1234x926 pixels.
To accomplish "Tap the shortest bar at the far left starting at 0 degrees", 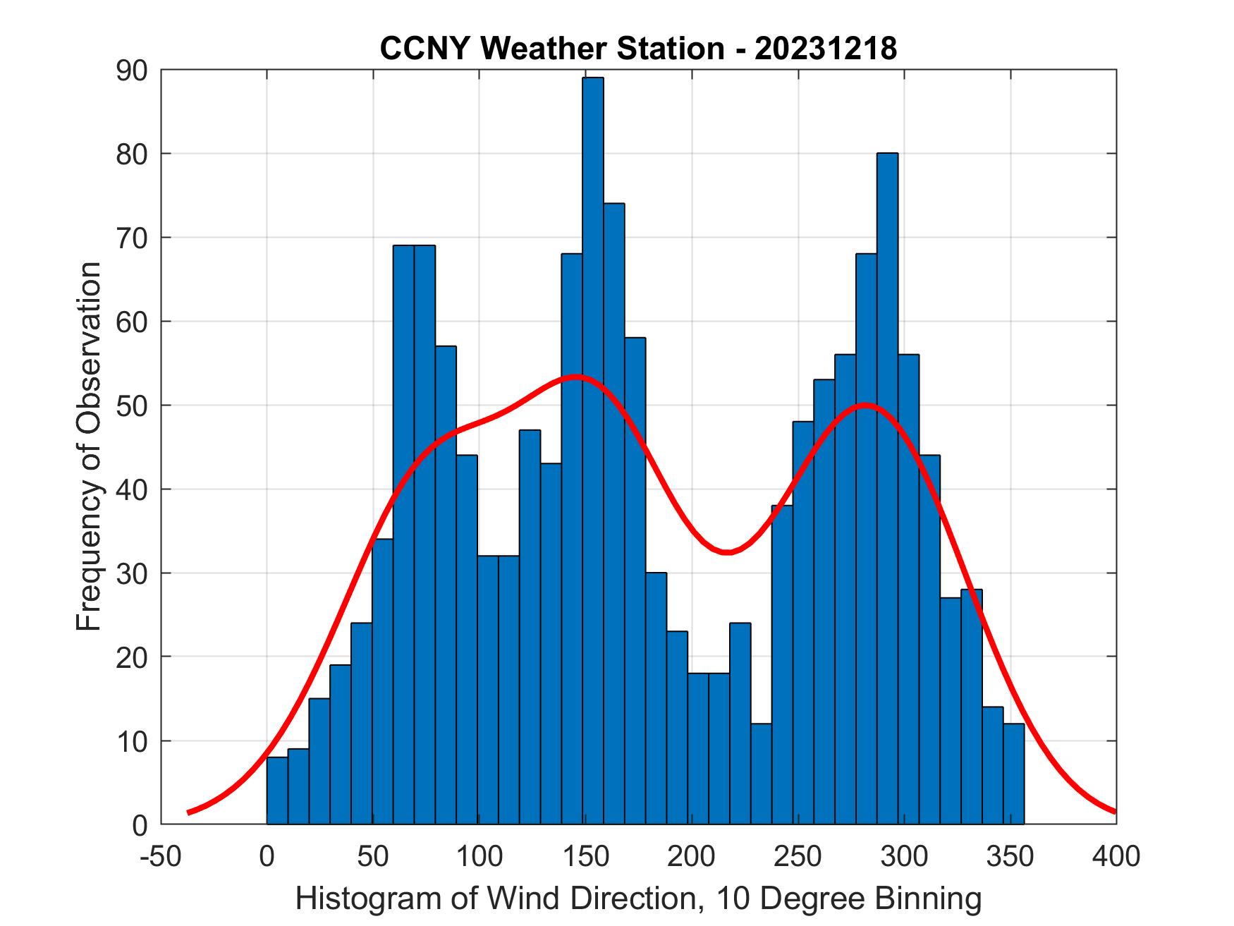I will (277, 791).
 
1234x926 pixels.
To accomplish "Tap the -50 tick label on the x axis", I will (160, 857).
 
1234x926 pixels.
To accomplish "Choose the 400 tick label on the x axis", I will (1116, 857).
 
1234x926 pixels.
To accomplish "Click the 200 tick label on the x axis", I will (691, 857).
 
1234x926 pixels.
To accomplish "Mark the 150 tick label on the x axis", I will (585, 857).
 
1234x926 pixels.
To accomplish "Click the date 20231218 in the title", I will (826, 49).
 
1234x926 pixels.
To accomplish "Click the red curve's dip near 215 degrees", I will (726, 552).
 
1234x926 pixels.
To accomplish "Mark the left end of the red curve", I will (189, 812).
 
